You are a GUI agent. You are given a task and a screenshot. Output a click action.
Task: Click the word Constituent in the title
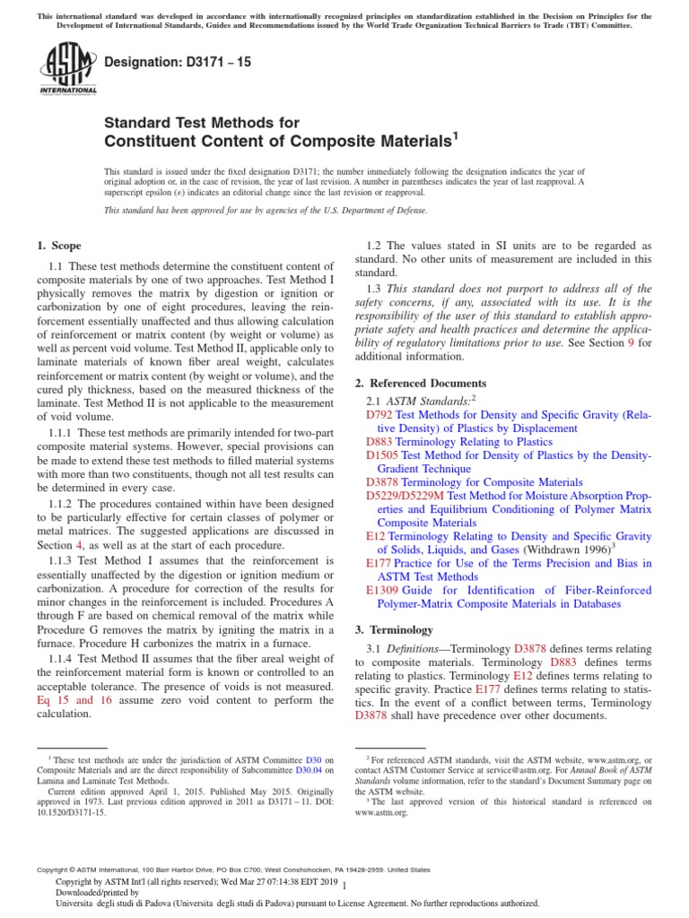tap(150, 141)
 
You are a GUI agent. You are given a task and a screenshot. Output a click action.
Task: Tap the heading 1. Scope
tap(59, 246)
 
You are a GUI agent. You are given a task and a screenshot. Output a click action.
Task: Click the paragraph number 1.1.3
tap(63, 560)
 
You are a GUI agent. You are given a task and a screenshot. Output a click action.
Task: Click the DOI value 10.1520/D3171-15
tap(69, 812)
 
